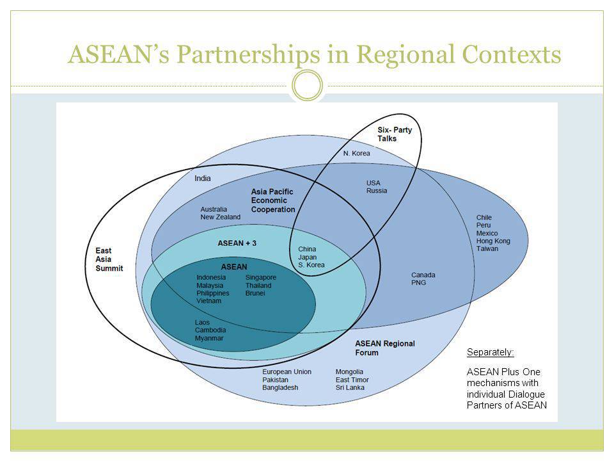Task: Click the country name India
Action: (203, 179)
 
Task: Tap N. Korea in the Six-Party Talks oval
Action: (356, 153)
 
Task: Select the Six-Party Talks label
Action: (395, 134)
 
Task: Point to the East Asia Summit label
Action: (109, 259)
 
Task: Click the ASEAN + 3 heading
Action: (237, 243)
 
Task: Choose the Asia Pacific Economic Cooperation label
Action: (273, 200)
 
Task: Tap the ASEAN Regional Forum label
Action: (385, 348)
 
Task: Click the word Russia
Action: (377, 191)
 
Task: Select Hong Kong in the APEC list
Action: (493, 241)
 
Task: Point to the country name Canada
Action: (423, 275)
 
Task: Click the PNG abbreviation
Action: (418, 282)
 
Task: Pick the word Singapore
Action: (261, 277)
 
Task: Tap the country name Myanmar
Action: (209, 338)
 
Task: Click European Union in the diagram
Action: (287, 371)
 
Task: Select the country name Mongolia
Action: (349, 371)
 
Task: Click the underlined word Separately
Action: (491, 352)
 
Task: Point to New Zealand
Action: (221, 217)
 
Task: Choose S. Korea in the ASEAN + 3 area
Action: (311, 265)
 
